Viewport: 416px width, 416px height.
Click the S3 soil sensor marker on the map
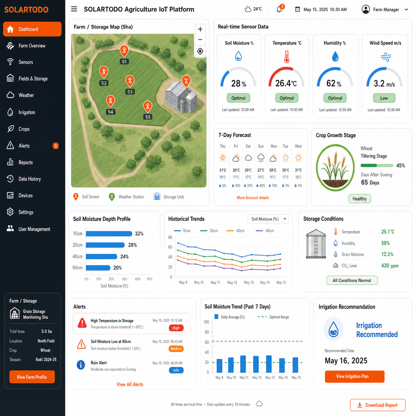[x=130, y=81]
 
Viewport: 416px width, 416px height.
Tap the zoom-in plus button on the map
[x=200, y=29]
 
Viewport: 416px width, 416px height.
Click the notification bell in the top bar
[x=279, y=9]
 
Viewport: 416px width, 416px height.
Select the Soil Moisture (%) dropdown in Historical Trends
[x=268, y=219]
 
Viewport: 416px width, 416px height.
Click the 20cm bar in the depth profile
[x=105, y=245]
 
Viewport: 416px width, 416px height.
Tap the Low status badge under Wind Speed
[x=384, y=98]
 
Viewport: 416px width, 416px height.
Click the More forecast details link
[x=253, y=197]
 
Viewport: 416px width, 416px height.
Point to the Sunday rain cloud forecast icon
[x=261, y=158]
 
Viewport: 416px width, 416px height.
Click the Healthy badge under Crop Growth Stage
[x=360, y=199]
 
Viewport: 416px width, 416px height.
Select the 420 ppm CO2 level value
[x=390, y=265]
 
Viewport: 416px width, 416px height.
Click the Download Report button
[x=378, y=405]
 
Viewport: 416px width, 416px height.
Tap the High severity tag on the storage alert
[x=176, y=328]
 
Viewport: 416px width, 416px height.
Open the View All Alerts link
[x=130, y=384]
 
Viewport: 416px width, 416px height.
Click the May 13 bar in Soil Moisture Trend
[x=269, y=364]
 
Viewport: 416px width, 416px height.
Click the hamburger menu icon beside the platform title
[x=74, y=9]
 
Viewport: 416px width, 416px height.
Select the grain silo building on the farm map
[x=181, y=97]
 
